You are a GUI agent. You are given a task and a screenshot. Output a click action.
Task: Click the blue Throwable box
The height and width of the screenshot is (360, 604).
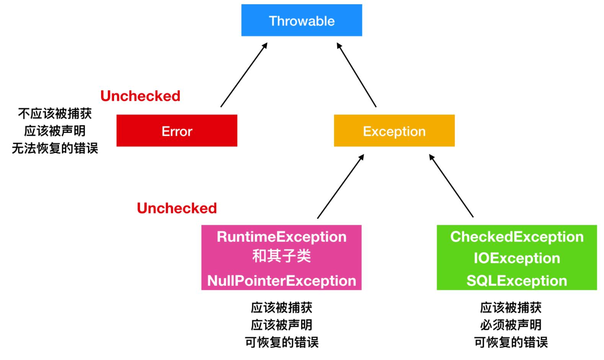tap(302, 21)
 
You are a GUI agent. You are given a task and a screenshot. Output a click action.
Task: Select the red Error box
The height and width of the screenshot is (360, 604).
tap(177, 131)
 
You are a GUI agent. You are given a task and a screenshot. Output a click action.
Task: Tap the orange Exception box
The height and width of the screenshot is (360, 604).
tap(394, 131)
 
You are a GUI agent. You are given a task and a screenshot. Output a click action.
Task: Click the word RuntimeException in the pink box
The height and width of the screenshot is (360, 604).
tap(281, 237)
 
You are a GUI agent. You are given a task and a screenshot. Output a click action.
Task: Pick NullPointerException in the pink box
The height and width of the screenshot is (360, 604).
tap(281, 281)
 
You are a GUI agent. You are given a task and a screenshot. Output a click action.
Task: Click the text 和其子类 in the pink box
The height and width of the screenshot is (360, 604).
tap(281, 256)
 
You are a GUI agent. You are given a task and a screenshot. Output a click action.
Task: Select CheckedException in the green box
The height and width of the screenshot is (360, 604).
tap(517, 237)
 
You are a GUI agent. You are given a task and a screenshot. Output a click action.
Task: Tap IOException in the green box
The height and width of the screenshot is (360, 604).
tap(517, 258)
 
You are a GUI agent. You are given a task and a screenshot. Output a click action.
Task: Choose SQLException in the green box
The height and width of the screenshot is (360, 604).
tap(517, 281)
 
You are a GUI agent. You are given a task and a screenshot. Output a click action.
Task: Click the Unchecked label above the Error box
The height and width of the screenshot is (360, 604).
tap(140, 96)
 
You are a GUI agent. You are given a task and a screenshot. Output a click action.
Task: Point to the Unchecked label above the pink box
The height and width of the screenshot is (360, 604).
tap(177, 208)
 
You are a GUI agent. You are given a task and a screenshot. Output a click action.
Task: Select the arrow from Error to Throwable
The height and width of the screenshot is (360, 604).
tap(244, 75)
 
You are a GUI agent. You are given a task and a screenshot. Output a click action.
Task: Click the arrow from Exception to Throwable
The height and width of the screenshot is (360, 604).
tap(356, 75)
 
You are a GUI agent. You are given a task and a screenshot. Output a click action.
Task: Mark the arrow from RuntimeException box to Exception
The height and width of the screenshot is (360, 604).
tap(340, 187)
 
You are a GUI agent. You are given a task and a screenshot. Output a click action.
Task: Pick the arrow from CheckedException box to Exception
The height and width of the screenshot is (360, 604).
tap(451, 186)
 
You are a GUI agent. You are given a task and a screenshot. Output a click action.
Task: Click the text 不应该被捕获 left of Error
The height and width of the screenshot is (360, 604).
tap(55, 113)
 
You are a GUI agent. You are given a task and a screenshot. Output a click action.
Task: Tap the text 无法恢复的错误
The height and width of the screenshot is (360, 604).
tap(55, 148)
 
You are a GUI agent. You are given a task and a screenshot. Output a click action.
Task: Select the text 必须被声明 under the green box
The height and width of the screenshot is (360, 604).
tap(511, 325)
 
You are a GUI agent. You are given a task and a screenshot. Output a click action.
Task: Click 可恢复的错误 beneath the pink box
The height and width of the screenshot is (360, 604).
tap(281, 342)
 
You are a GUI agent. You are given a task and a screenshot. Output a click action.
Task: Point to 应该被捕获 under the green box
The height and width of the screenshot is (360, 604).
tap(511, 308)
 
